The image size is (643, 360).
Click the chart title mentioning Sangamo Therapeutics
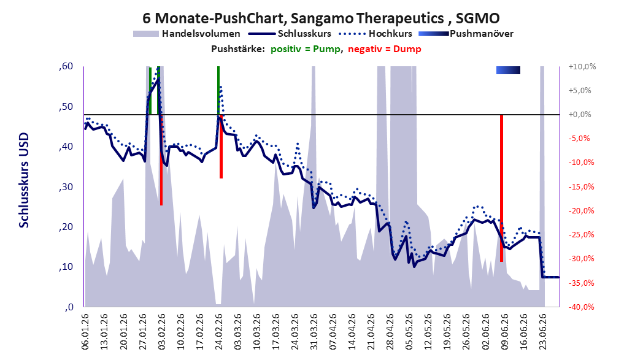(x=321, y=18)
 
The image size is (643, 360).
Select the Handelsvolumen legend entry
(x=187, y=34)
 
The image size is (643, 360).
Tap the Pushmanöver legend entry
(x=466, y=34)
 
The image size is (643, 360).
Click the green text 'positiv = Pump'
(x=306, y=49)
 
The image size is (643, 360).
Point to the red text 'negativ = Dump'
(x=385, y=49)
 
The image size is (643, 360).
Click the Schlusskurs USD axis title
(x=24, y=180)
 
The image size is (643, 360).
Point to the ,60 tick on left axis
(x=66, y=66)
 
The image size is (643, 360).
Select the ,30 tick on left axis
(x=66, y=187)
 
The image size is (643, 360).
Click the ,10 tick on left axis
(x=66, y=267)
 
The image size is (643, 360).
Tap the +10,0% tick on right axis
(x=582, y=66)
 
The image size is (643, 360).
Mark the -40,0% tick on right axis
(x=581, y=307)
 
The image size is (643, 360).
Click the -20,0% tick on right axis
(x=581, y=211)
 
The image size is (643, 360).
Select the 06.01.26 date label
(x=85, y=331)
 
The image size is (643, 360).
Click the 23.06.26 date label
(x=543, y=331)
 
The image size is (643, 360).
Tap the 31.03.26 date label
(x=314, y=331)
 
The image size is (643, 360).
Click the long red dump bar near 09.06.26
(x=501, y=188)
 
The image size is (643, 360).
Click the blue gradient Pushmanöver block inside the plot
(x=508, y=71)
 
